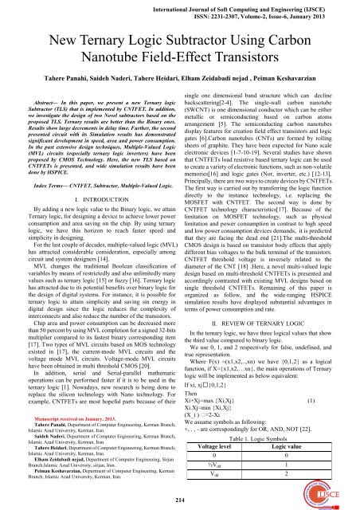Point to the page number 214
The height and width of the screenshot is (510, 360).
click(179, 500)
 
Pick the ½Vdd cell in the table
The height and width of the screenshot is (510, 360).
click(227, 469)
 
